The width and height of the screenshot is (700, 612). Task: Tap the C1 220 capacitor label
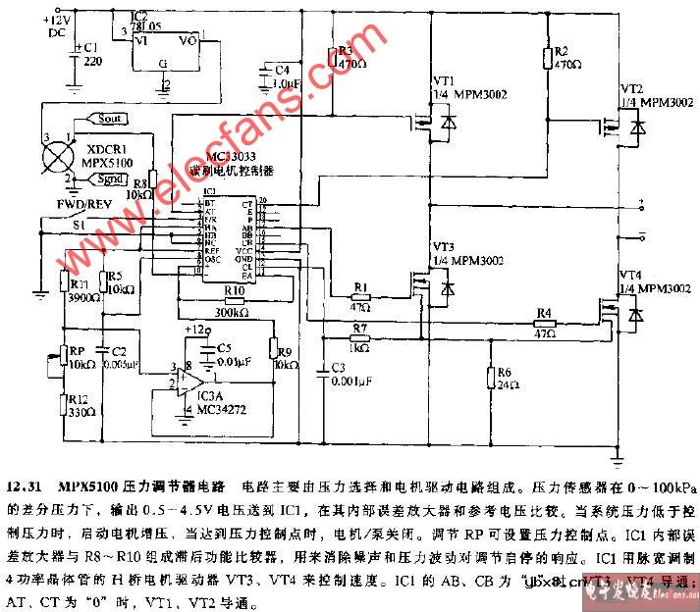(x=89, y=53)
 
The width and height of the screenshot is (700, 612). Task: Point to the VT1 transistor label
(x=444, y=78)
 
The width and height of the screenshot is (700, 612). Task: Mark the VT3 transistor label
(x=444, y=245)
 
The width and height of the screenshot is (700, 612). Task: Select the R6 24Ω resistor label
(x=506, y=379)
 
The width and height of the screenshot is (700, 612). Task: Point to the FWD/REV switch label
(x=59, y=205)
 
